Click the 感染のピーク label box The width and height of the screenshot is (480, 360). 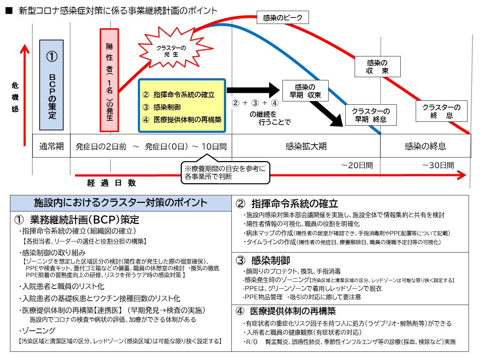[282, 17]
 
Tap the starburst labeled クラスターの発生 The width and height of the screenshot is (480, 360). [172, 50]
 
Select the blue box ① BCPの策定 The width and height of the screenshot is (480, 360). [51, 85]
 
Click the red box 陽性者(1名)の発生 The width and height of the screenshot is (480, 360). [109, 80]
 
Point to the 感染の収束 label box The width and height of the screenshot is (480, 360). [377, 67]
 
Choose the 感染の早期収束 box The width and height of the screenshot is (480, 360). [305, 91]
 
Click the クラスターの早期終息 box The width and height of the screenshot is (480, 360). [371, 115]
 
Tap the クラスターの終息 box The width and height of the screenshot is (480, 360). [441, 111]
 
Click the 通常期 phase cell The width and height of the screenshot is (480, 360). [51, 146]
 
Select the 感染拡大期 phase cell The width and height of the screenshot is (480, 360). [306, 146]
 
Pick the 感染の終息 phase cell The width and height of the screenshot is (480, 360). [425, 146]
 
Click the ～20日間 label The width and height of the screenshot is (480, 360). [357, 165]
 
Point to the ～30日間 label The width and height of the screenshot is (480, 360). [438, 165]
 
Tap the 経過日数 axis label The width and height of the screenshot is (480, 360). [111, 183]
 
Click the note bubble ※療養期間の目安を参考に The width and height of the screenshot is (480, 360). [225, 172]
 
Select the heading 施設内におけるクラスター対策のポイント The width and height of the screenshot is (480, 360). [121, 203]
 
